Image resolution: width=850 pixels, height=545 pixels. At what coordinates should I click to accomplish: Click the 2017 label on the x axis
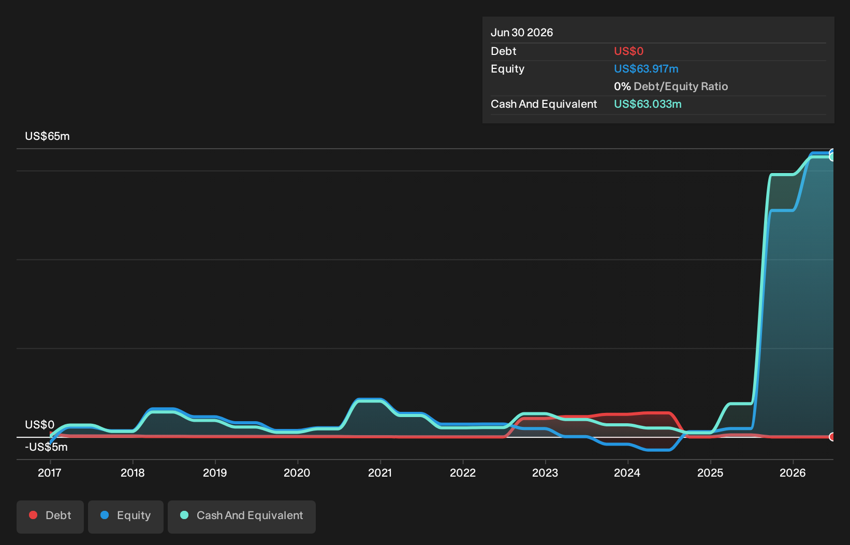tap(50, 473)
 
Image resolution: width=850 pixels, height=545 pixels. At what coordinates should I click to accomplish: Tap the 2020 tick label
tap(297, 473)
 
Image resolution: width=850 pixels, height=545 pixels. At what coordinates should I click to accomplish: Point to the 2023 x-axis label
tap(545, 473)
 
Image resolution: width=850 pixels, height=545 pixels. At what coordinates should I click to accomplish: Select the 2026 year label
tap(793, 473)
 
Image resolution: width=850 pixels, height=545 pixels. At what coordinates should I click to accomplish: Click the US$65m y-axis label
tap(48, 136)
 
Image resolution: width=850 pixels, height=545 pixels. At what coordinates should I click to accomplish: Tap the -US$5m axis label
tap(46, 447)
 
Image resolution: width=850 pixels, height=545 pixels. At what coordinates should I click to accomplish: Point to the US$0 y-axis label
tap(40, 425)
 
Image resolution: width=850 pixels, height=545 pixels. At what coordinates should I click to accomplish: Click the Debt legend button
tap(50, 517)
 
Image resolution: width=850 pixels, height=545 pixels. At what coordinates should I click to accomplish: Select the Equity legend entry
tap(126, 517)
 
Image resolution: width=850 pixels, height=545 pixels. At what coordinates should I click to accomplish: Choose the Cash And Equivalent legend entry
tap(242, 517)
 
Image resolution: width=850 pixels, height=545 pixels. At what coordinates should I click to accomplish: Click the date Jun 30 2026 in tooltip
tap(522, 33)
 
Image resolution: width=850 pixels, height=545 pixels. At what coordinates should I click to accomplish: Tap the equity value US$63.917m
tap(646, 69)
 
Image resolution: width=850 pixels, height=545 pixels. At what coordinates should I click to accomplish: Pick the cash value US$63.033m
tap(648, 104)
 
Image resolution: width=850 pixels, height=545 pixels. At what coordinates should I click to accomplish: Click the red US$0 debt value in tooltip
tap(629, 51)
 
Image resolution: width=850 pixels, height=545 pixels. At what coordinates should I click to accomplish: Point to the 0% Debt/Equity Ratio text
tap(671, 87)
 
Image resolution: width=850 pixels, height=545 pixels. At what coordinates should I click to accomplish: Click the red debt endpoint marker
tap(832, 437)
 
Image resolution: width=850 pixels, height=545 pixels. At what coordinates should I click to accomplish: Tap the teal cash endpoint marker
tap(832, 156)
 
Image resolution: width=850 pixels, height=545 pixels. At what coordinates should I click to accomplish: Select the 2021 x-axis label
tap(380, 473)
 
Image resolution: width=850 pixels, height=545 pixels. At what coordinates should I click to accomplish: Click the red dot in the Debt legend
tap(34, 515)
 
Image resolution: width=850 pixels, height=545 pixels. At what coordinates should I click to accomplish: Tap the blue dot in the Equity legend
tap(105, 515)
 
